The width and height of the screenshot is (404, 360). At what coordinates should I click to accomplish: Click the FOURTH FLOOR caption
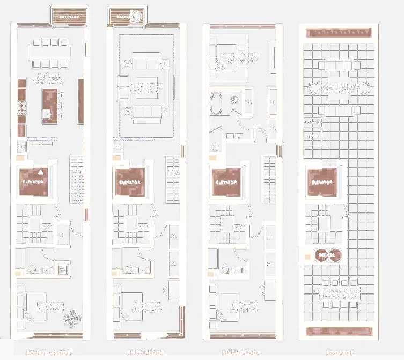(48, 353)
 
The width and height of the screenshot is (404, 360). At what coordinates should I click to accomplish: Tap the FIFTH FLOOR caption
(145, 353)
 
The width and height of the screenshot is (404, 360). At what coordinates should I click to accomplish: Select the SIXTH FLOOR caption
(240, 353)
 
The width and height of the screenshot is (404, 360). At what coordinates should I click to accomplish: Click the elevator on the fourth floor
(33, 182)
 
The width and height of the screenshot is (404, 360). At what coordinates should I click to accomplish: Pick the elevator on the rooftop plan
(322, 182)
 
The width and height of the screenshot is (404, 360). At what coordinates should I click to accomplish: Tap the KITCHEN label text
(49, 76)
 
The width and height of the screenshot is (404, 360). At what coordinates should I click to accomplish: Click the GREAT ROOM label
(146, 85)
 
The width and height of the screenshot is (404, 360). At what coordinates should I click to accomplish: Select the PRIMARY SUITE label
(240, 55)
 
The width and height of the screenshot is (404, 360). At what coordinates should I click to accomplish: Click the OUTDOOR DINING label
(338, 291)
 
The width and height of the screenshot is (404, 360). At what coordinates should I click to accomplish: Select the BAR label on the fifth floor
(117, 146)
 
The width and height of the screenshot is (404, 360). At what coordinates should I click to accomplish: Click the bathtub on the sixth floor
(216, 104)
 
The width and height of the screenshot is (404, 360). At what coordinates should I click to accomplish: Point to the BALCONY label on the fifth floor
(127, 17)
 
